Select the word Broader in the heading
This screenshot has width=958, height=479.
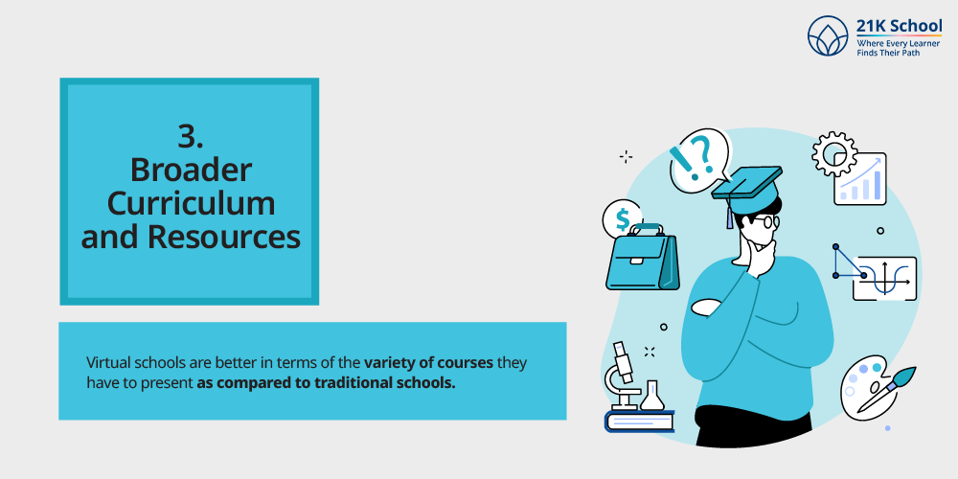coord(191,171)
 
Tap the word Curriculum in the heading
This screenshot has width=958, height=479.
coord(191,204)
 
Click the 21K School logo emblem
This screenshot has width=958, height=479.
coord(829,35)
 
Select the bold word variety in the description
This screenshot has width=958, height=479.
coord(387,363)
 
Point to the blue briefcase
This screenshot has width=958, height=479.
coord(642,258)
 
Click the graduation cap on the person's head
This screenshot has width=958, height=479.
coord(746,190)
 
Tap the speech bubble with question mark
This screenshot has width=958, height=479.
coord(699,158)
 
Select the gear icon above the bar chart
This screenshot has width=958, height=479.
coord(834,154)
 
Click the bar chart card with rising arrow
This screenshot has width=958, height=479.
coord(861,178)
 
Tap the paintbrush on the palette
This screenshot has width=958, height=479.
coord(887,389)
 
